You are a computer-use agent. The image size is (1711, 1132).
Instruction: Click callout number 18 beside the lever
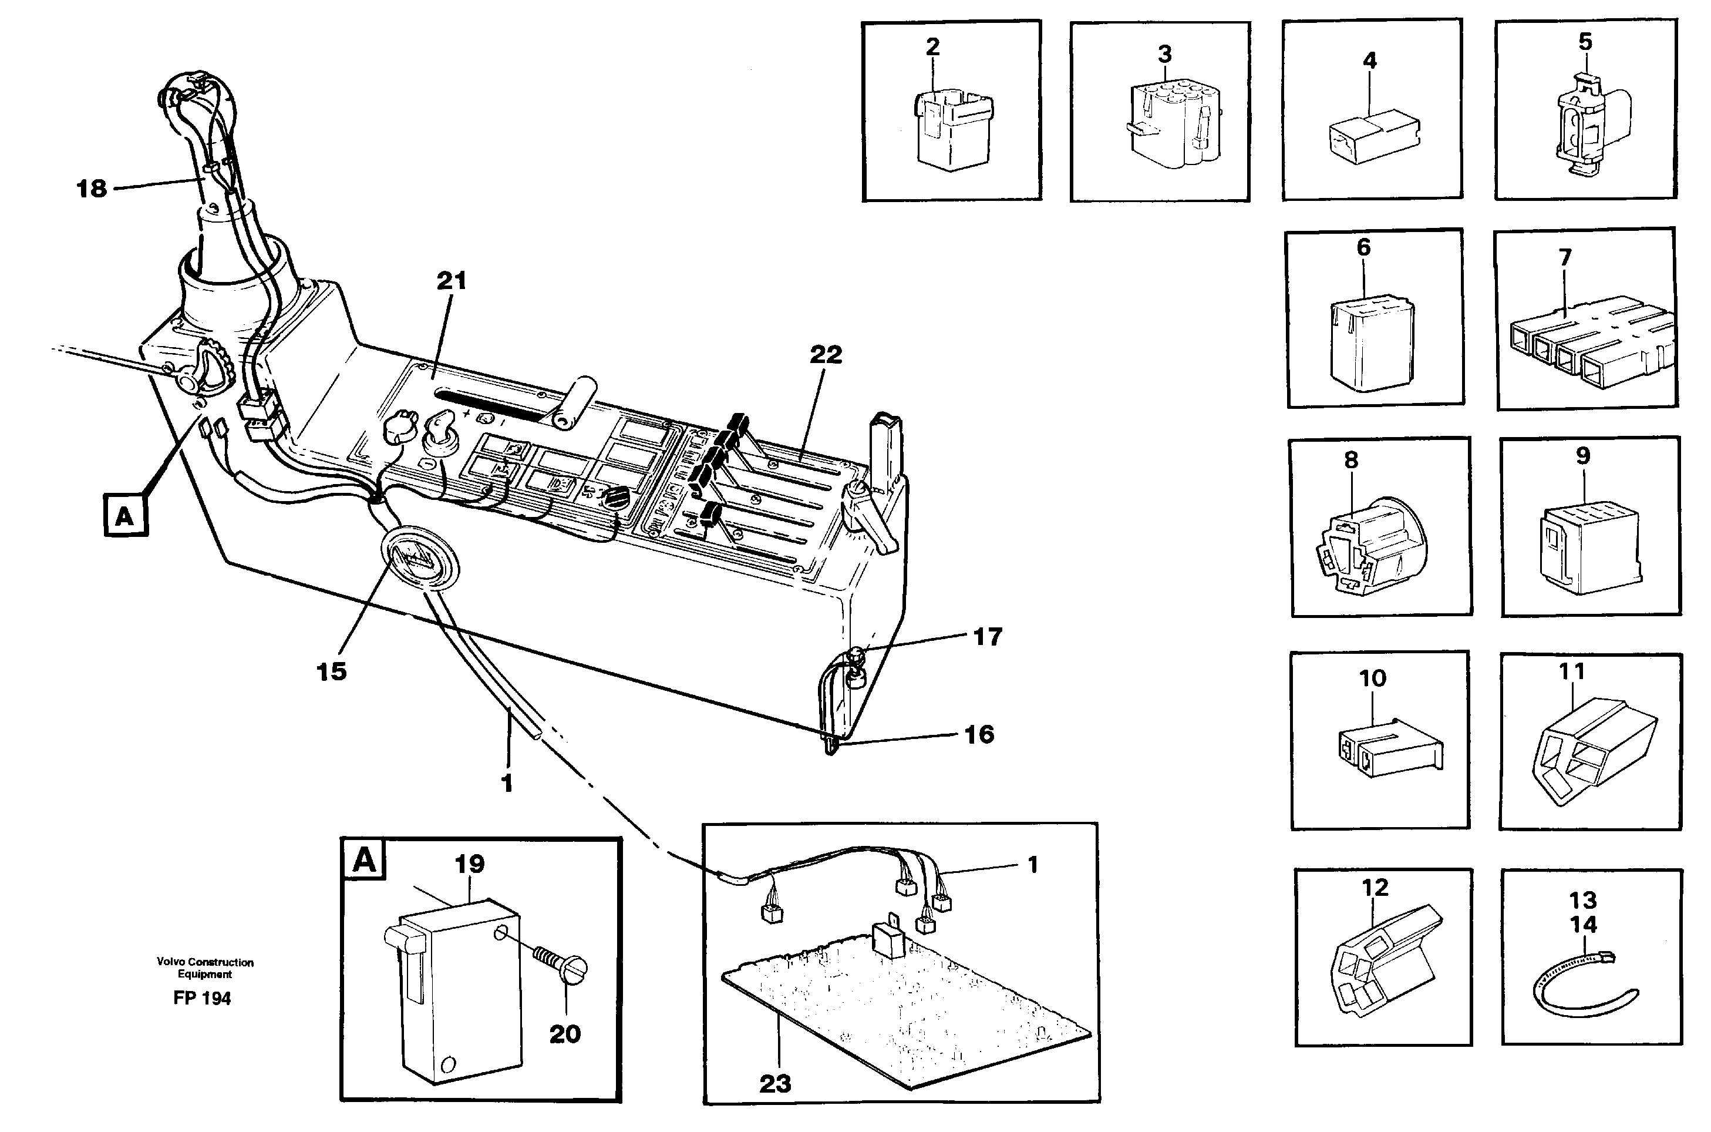pyautogui.click(x=92, y=189)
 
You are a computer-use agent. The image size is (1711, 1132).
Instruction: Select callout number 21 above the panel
pyautogui.click(x=452, y=281)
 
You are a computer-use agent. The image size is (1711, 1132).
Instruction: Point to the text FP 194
pyautogui.click(x=202, y=999)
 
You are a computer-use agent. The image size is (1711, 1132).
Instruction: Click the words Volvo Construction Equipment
pyautogui.click(x=205, y=968)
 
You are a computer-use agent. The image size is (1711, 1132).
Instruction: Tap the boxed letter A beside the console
pyautogui.click(x=126, y=515)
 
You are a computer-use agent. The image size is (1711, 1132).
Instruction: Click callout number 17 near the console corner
pyautogui.click(x=987, y=637)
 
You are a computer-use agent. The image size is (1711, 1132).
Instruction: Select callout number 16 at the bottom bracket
pyautogui.click(x=979, y=734)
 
